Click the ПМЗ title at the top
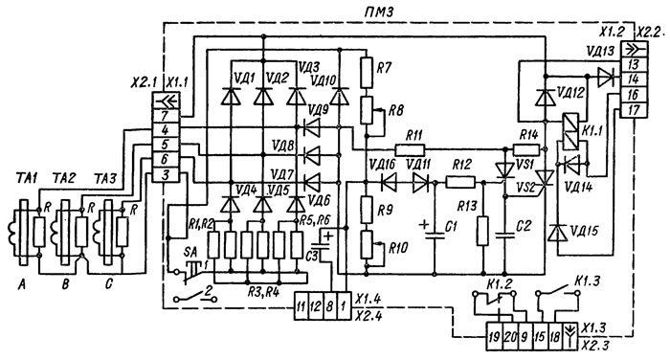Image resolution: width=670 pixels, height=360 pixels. (378, 12)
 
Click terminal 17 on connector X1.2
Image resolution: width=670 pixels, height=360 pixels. (634, 110)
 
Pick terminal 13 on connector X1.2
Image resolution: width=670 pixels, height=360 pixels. (634, 64)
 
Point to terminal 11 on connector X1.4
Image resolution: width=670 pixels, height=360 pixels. (301, 306)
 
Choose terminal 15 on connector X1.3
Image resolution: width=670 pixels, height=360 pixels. (540, 337)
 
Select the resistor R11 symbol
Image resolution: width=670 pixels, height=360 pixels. (411, 150)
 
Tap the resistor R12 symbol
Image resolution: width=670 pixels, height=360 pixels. (460, 183)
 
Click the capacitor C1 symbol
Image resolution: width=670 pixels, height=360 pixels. (435, 236)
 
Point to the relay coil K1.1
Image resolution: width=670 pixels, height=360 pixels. (570, 131)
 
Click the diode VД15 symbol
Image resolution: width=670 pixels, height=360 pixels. (557, 234)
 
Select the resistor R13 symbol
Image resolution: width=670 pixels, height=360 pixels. (482, 231)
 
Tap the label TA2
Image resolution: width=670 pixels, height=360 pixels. (63, 177)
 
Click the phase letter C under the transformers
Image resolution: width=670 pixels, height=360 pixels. (108, 283)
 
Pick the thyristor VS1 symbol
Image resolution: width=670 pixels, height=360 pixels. (504, 171)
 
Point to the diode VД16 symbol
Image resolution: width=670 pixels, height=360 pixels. (388, 183)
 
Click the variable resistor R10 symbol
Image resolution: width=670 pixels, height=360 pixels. (367, 245)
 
